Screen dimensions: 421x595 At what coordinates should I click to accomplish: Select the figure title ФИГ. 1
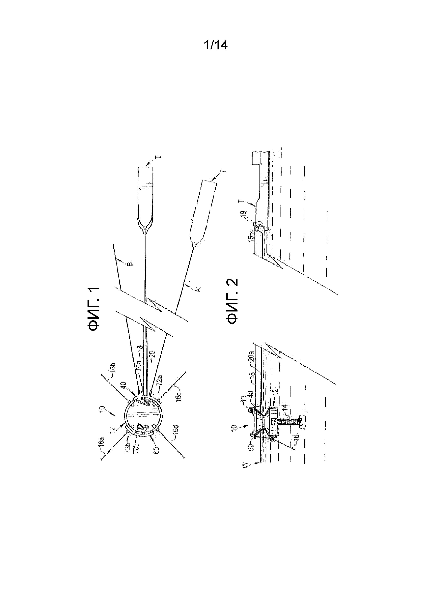[93, 309]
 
